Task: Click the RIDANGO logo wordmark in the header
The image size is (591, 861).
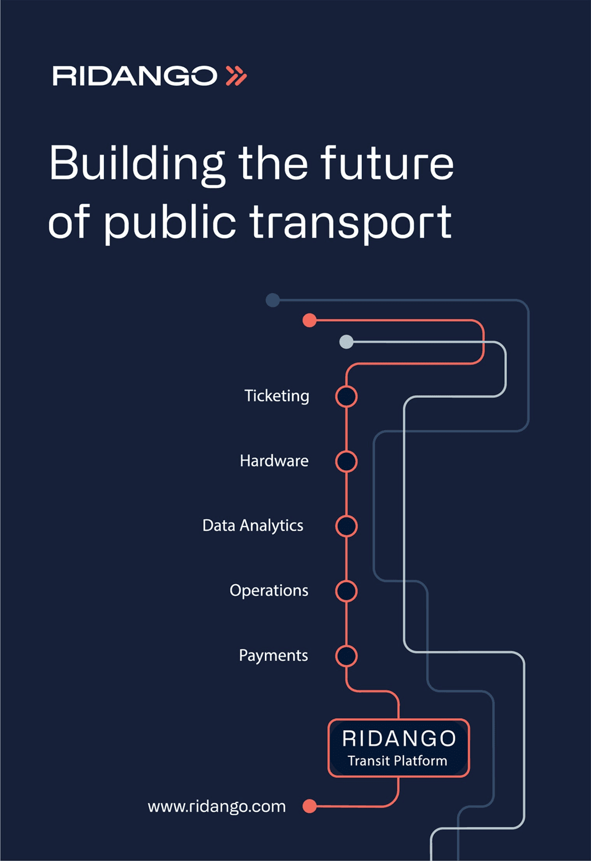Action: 135,76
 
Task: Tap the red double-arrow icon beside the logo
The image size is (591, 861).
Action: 236,76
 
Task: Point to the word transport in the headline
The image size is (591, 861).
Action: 351,222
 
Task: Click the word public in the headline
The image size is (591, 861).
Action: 169,222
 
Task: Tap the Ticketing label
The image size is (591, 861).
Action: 276,396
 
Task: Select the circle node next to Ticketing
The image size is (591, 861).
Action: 346,397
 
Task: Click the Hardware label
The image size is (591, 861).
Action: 274,460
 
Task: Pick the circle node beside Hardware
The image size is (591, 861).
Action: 346,461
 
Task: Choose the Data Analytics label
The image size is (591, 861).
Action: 253,525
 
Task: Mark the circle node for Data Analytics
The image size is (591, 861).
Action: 346,526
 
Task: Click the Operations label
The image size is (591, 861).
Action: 269,591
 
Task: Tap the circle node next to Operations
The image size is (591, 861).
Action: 346,591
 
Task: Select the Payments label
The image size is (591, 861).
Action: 274,655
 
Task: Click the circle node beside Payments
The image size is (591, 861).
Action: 346,656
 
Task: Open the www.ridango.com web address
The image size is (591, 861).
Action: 217,806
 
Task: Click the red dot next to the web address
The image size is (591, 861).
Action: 310,806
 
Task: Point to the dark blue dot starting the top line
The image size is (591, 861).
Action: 273,300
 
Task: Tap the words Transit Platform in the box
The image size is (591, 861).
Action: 398,760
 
